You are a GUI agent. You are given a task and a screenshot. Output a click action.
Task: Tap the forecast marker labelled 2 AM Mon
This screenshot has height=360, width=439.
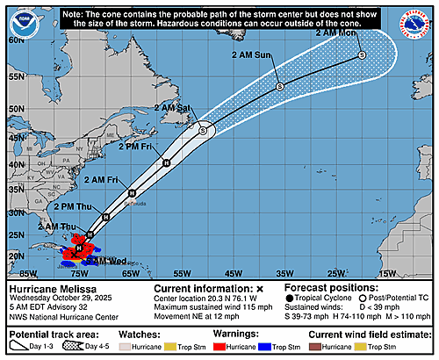pos(363,55)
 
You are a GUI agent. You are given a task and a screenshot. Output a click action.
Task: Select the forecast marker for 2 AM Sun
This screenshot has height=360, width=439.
pos(279,86)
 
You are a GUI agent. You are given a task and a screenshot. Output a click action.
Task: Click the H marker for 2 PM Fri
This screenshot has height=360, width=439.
pos(165,162)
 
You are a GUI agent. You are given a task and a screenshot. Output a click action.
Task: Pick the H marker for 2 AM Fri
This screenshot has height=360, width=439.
pos(131,193)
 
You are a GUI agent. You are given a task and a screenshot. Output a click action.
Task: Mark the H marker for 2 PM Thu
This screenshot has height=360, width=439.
pos(105,216)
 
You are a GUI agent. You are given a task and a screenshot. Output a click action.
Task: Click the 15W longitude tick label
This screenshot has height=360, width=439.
pos(385,273)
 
